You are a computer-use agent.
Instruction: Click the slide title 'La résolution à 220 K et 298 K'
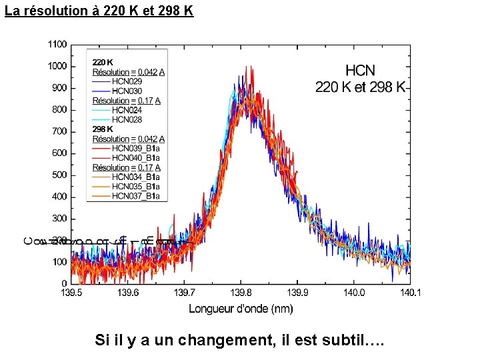(99, 11)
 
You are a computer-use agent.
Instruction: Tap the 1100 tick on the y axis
(57, 45)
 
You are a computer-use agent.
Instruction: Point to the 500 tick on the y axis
(59, 175)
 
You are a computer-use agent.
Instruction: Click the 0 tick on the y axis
(64, 283)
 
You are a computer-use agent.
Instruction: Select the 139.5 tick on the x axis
(72, 293)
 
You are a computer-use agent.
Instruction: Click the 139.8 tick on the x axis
(241, 293)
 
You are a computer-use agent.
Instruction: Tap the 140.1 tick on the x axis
(409, 293)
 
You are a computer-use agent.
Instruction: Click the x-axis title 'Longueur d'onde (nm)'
(241, 308)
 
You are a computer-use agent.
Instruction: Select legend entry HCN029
(127, 81)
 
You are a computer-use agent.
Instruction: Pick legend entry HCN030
(127, 91)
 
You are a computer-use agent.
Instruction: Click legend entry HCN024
(127, 110)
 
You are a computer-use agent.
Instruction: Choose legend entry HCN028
(127, 119)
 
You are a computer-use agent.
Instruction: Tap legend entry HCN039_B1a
(135, 148)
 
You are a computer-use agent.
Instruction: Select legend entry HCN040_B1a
(135, 157)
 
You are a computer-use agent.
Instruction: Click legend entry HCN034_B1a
(135, 177)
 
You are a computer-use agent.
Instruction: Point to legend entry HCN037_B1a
(135, 196)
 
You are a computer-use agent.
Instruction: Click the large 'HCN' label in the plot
(360, 70)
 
